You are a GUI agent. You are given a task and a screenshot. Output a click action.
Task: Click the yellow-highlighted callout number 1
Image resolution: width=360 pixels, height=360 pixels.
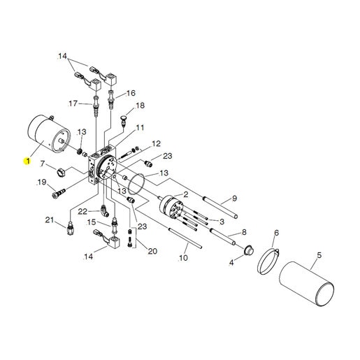27,161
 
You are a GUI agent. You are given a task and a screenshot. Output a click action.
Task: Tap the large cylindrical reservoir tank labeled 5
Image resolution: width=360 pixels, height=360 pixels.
306,284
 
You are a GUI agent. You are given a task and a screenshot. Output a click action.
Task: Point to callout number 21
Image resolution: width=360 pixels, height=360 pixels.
49,219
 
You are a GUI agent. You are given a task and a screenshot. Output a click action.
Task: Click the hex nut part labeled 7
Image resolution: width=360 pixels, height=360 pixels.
62,173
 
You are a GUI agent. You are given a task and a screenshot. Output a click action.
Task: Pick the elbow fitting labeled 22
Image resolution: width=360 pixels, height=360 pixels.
105,210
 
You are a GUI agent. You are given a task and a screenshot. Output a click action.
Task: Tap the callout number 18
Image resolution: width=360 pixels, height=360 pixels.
140,106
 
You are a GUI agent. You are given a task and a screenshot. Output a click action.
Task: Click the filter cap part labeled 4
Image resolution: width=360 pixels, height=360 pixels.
248,250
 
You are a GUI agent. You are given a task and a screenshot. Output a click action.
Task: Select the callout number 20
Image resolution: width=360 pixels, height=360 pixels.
152,251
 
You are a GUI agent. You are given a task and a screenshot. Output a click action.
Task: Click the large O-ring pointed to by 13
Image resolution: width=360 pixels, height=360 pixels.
136,184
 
